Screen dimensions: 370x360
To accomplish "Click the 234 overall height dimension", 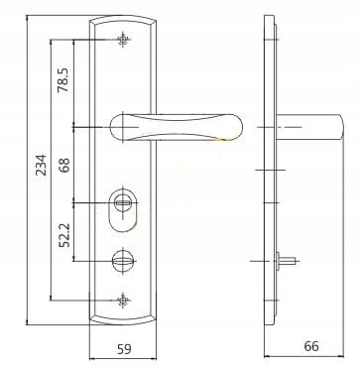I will coord(40,166).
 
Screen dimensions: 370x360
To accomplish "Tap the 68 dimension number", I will coord(64,163).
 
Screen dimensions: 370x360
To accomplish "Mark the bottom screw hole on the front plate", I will coord(123,298).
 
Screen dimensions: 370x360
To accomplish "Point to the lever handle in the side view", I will coord(307,127).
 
